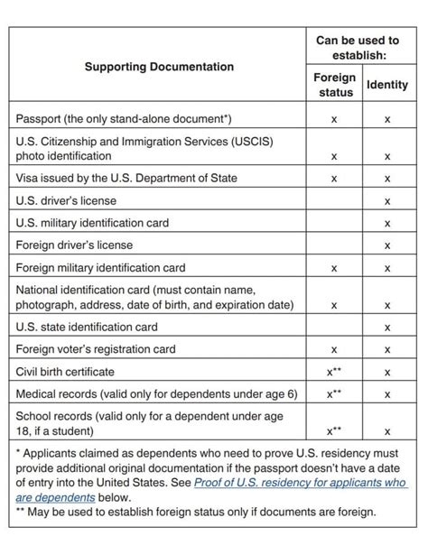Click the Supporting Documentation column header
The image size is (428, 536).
[x=159, y=67]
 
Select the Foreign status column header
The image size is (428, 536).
[x=334, y=85]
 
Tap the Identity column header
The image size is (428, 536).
[x=387, y=85]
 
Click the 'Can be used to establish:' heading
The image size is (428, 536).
[x=358, y=48]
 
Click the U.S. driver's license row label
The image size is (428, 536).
[x=66, y=200]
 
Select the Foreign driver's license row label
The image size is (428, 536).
[x=75, y=245]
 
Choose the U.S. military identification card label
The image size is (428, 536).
[x=92, y=223]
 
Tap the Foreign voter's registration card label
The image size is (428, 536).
[x=96, y=349]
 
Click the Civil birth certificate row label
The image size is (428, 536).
[x=65, y=372]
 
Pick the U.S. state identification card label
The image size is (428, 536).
[x=87, y=327]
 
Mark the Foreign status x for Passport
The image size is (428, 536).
[x=334, y=119]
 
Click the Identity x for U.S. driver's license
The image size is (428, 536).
[x=387, y=201]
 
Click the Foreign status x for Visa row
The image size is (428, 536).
[x=334, y=179]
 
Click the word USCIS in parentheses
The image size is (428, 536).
[x=258, y=141]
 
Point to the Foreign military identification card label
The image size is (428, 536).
[x=100, y=267]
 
